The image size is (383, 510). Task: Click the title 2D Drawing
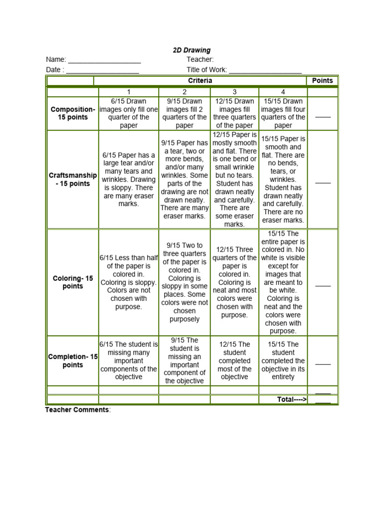(191, 50)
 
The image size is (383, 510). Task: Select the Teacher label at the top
(200, 60)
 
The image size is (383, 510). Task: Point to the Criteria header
(200, 81)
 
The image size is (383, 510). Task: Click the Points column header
(322, 81)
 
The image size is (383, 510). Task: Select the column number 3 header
(234, 92)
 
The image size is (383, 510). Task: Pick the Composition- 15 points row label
(72, 113)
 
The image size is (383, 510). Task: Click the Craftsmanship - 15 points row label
(72, 180)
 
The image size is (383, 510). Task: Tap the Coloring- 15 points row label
(72, 282)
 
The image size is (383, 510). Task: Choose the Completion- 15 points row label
(72, 361)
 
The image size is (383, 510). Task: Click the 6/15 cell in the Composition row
(128, 113)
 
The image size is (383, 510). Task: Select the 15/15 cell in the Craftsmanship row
(283, 180)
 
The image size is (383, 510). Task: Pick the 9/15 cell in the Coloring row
(184, 282)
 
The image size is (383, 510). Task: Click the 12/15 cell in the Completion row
(234, 361)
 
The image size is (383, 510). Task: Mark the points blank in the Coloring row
(323, 285)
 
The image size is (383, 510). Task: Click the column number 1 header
(128, 92)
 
